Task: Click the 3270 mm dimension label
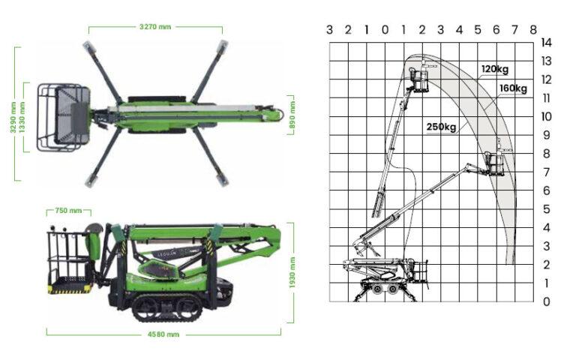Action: [155, 27]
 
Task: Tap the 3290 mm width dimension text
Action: [13, 118]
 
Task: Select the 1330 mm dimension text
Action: [22, 118]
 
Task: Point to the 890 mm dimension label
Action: [292, 115]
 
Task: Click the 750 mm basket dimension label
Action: [68, 211]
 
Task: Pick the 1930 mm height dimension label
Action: [292, 272]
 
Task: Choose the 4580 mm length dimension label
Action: [163, 334]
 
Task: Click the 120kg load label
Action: [495, 69]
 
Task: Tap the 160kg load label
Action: [513, 88]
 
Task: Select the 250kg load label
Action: [441, 127]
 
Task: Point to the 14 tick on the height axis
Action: [546, 43]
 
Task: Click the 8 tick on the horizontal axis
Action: [533, 30]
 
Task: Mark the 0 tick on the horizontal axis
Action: [385, 30]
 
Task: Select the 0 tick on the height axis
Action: [546, 301]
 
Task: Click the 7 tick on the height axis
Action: [546, 172]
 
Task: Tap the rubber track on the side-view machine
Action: [167, 307]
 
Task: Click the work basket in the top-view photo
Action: [64, 118]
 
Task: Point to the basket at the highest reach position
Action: [418, 79]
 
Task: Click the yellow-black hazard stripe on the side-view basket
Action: [70, 290]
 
